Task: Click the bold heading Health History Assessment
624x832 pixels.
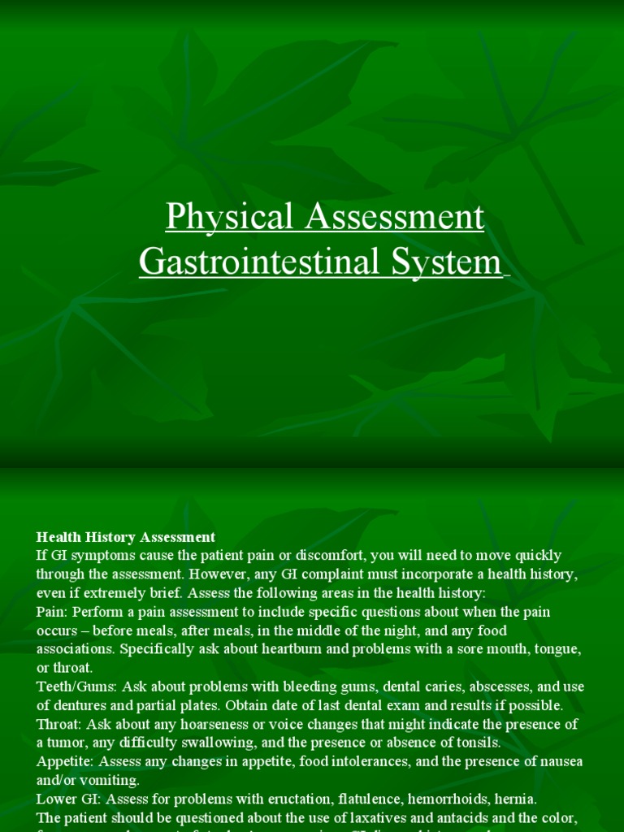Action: point(126,537)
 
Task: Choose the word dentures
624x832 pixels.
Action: point(82,705)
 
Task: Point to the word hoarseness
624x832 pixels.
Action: point(202,724)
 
